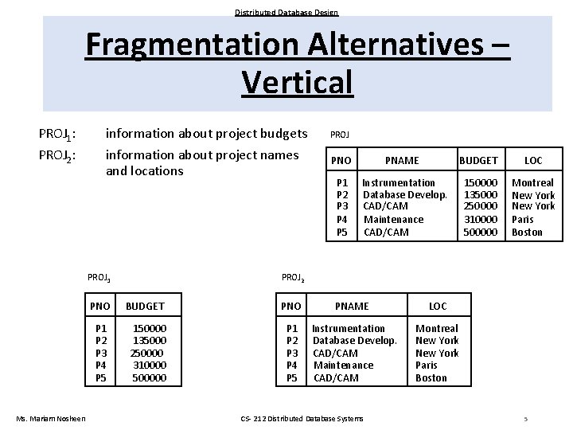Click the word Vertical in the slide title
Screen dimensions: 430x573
pos(297,81)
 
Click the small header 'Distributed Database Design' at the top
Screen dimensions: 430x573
pos(286,12)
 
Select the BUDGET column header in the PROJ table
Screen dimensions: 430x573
pos(478,160)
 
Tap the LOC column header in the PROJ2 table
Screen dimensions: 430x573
pos(438,306)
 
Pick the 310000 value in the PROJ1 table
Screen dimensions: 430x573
pos(150,365)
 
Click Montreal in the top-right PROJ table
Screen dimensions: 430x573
pos(532,182)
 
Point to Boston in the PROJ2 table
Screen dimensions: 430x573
pos(431,377)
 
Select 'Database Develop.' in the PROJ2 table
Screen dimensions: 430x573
pos(354,341)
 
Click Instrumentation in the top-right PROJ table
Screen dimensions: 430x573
pos(399,182)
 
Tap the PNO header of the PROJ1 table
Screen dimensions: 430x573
pos(100,306)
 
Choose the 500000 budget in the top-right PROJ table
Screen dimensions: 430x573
pos(480,232)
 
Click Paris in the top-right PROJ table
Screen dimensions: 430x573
pos(523,219)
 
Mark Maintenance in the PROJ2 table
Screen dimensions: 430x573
pos(343,365)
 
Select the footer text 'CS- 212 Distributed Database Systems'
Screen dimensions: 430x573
pos(302,419)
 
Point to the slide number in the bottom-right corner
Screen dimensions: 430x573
pos(526,419)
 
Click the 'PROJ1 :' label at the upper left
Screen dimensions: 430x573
pos(57,134)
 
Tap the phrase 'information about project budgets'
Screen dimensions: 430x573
pos(206,133)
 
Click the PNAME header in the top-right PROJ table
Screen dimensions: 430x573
pos(402,160)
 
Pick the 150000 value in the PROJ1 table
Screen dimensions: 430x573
pos(150,328)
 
